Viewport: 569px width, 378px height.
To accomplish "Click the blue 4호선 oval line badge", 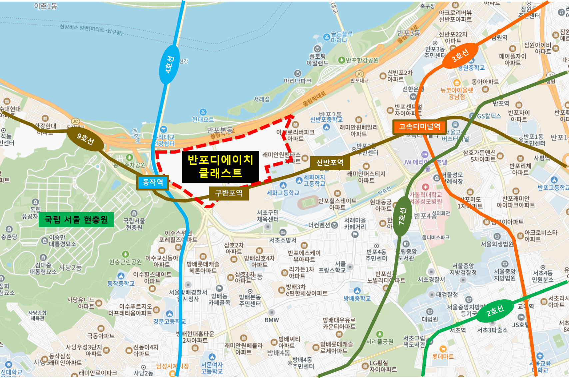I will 169,65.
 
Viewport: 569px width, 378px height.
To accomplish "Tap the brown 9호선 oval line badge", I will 86,138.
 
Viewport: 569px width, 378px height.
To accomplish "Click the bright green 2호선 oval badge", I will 495,311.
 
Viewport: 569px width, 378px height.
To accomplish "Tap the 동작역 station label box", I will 153,182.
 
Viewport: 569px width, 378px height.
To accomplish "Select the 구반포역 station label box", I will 229,193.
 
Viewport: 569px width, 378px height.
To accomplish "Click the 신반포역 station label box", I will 330,162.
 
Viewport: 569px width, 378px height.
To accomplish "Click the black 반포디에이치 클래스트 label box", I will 220,166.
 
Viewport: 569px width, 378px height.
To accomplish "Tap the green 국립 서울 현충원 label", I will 76,220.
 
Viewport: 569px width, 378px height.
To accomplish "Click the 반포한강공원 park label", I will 362,60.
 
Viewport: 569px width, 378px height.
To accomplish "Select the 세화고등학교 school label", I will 283,193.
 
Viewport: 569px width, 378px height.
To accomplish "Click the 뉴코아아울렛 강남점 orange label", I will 456,93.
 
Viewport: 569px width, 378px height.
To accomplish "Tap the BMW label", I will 272,320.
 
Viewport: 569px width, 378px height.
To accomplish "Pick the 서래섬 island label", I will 262,99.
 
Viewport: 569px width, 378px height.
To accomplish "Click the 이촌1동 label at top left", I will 46,6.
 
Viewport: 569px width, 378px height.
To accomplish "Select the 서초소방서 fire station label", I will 283,240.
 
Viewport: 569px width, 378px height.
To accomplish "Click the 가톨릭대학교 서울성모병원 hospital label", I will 425,198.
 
